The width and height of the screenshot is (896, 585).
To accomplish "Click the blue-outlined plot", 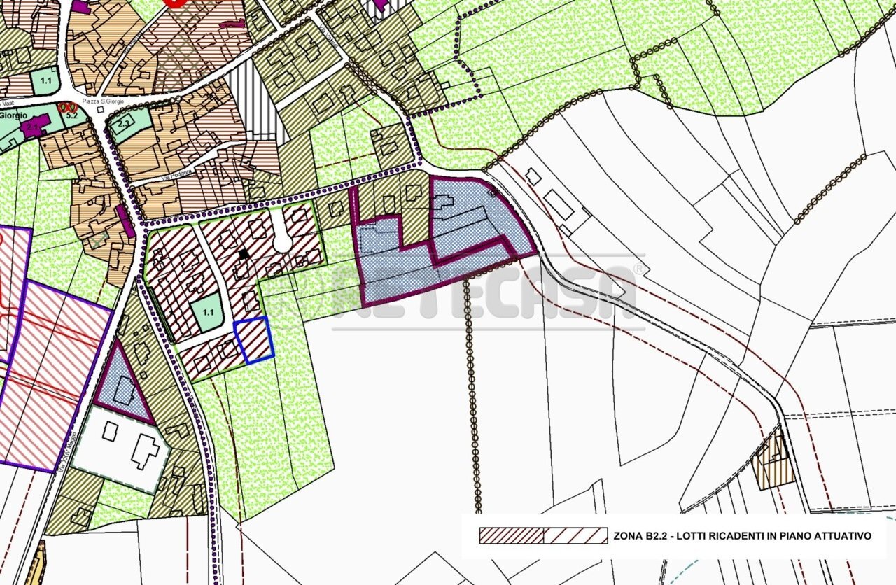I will (x=253, y=339).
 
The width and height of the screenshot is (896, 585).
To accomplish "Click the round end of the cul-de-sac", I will (x=283, y=242).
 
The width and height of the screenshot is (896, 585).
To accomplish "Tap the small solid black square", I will (x=243, y=255).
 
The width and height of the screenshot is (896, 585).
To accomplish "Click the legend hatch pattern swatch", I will (x=543, y=536).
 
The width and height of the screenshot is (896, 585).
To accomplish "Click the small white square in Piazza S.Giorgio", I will (x=101, y=109).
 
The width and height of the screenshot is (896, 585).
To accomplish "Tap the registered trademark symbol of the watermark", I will (x=638, y=269).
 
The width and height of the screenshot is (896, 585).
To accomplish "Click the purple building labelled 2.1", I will (x=34, y=127).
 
